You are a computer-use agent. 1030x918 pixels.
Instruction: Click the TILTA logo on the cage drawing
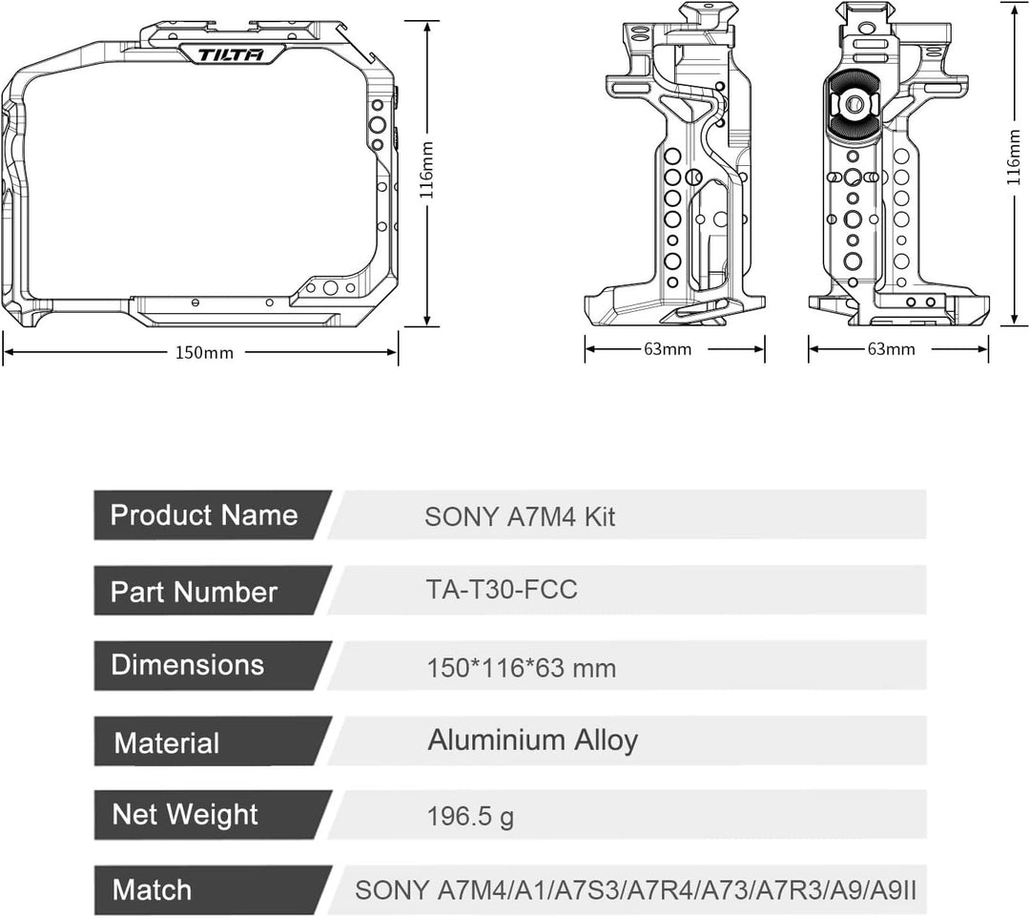pyautogui.click(x=231, y=54)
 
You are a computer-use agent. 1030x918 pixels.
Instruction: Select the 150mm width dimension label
pyautogui.click(x=204, y=353)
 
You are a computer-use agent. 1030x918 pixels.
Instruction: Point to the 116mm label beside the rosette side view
pyautogui.click(x=1014, y=159)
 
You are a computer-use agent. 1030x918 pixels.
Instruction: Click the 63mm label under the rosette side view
pyautogui.click(x=891, y=349)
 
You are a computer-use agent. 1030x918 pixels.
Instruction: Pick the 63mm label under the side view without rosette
pyautogui.click(x=668, y=349)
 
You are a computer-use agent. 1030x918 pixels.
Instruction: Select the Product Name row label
pyautogui.click(x=204, y=515)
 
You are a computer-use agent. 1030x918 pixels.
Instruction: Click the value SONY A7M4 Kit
pyautogui.click(x=520, y=517)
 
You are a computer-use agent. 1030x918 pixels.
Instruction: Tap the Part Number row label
pyautogui.click(x=194, y=592)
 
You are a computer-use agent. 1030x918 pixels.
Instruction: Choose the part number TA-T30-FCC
pyautogui.click(x=502, y=590)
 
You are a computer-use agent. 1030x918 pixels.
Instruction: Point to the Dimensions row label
pyautogui.click(x=187, y=665)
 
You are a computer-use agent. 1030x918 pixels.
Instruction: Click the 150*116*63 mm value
pyautogui.click(x=521, y=668)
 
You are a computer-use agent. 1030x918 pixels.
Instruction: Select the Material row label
pyautogui.click(x=167, y=742)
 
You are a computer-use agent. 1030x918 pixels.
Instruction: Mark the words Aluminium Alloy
pyautogui.click(x=532, y=741)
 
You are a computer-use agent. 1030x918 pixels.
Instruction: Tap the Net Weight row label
pyautogui.click(x=185, y=815)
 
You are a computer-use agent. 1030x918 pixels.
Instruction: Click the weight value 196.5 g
pyautogui.click(x=470, y=817)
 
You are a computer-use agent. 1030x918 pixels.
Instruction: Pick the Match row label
pyautogui.click(x=152, y=890)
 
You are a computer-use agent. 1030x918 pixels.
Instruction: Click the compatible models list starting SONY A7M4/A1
pyautogui.click(x=635, y=891)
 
